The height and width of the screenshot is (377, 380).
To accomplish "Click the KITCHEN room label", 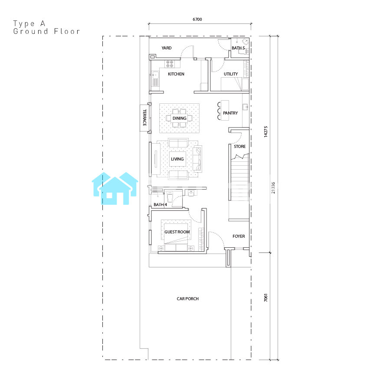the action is point(176,74).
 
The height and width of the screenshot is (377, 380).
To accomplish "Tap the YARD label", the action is point(167,48).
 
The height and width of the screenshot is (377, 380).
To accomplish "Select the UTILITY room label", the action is point(231,74).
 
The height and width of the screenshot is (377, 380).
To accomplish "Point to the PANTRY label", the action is point(230,113).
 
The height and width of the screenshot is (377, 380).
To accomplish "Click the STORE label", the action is point(240,147).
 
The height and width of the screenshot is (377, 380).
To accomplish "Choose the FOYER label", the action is point(239,236).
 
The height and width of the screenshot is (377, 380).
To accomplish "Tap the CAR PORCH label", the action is point(187,298).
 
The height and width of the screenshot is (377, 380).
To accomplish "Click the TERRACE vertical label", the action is point(144,118).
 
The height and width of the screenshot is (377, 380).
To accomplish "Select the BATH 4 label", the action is point(160,205).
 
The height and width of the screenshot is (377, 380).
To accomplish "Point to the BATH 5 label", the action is point(238,48).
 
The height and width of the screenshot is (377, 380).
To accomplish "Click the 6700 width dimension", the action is point(197,20).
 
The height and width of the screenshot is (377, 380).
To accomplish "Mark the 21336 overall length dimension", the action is point(273,188).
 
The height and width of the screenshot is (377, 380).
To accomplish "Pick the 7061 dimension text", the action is point(265,298).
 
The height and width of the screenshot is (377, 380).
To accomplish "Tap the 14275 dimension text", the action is point(265,131).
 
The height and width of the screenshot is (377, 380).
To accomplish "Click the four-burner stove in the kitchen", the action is point(170,64).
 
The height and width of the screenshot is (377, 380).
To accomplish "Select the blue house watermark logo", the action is point(115,188).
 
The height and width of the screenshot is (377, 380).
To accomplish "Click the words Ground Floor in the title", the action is point(46,31).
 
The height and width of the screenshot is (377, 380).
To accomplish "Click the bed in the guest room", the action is point(176,235).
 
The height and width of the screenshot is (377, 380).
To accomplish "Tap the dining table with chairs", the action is point(179,118).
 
